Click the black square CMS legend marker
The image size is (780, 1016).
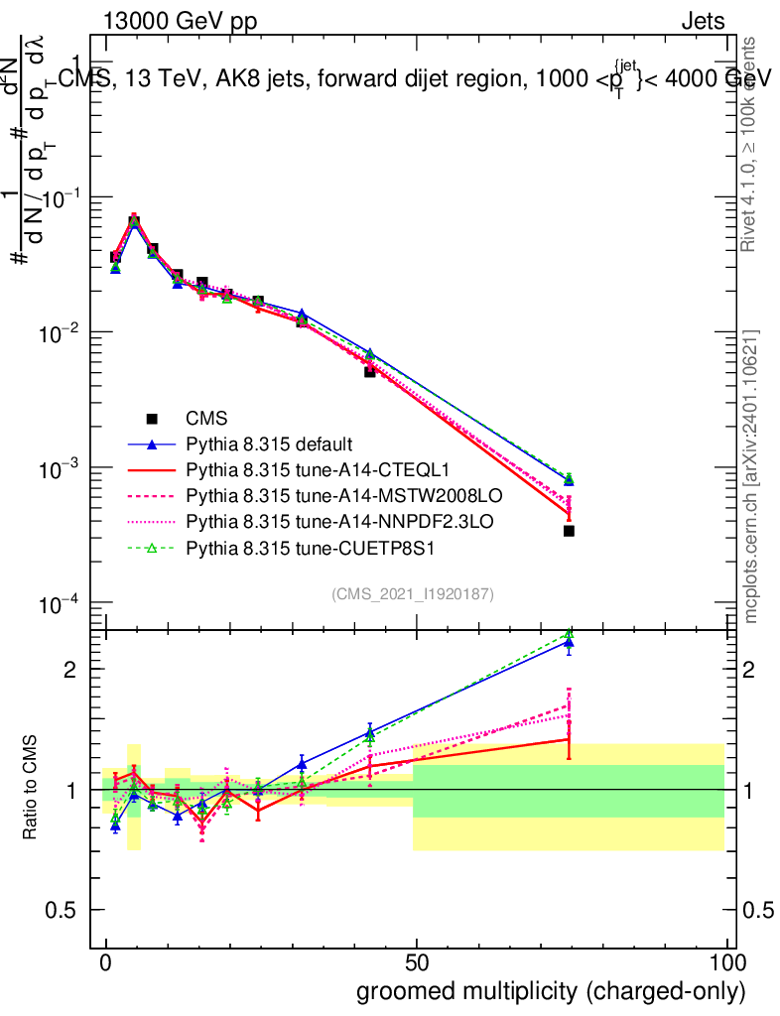[152, 419]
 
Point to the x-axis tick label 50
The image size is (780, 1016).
[417, 963]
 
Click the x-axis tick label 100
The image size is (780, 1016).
[726, 963]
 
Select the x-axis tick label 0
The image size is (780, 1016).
[106, 963]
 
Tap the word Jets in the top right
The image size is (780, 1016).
[703, 22]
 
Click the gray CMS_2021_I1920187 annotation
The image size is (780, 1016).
[413, 594]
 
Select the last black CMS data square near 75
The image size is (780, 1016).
[569, 531]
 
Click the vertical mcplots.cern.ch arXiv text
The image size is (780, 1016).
[751, 476]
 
